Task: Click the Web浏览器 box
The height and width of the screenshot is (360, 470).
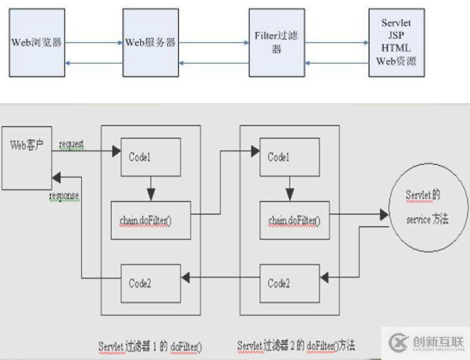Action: click(x=36, y=43)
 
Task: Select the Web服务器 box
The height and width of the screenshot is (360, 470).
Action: click(x=150, y=43)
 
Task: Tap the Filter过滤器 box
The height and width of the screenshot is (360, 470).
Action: click(x=276, y=43)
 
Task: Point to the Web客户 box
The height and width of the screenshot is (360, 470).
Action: click(x=26, y=157)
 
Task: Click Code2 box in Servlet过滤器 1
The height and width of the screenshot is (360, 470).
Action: click(x=151, y=282)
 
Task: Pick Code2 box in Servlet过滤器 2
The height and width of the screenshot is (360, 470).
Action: click(x=289, y=282)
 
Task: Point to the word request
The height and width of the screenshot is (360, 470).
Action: click(x=71, y=145)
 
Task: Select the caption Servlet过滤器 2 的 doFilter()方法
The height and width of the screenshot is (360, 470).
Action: click(x=296, y=346)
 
